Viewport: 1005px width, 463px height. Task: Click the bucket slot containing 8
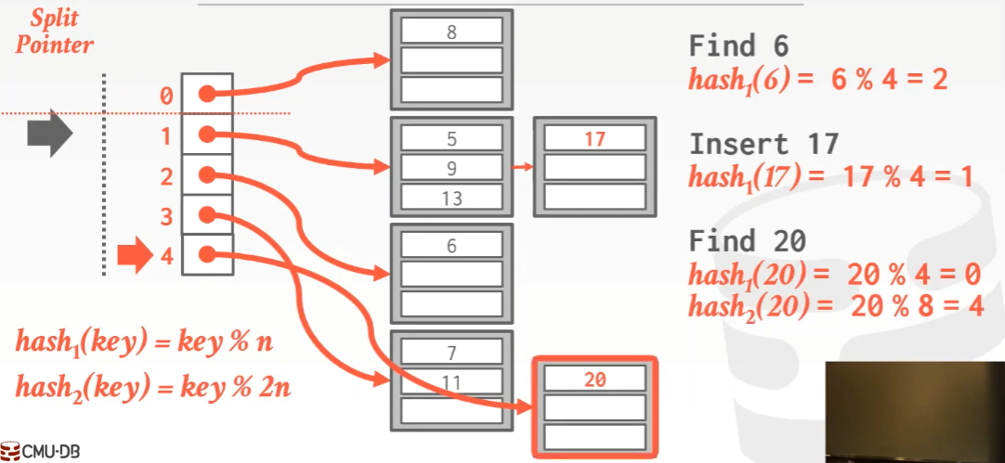click(451, 32)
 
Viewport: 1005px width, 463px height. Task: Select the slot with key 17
click(594, 139)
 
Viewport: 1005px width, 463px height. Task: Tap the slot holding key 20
click(594, 379)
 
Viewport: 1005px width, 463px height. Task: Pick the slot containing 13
click(451, 198)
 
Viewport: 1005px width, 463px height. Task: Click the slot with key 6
click(451, 246)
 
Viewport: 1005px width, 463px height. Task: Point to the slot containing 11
click(451, 381)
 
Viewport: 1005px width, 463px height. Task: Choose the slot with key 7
click(451, 353)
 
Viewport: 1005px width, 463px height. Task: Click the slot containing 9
click(451, 169)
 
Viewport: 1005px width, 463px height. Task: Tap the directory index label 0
click(166, 96)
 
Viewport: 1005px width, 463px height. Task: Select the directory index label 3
click(166, 217)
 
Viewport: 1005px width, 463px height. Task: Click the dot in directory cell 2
click(208, 175)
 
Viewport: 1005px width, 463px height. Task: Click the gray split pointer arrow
click(49, 136)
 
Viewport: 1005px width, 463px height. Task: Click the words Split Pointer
click(54, 32)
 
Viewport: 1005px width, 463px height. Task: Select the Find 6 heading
click(739, 45)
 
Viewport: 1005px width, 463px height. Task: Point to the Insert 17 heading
click(764, 144)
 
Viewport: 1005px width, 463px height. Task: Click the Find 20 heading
click(748, 241)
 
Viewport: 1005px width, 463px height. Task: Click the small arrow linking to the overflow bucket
click(522, 168)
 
